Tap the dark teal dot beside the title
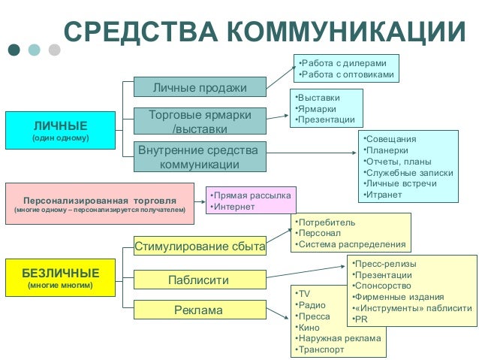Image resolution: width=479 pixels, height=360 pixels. point(14,50)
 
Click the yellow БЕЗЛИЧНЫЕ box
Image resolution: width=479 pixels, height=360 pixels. point(59,277)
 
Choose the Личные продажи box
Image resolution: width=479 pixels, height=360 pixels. point(200,88)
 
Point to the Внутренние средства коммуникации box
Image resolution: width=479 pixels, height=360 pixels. point(200,157)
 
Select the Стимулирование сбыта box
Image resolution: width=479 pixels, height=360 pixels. point(200,246)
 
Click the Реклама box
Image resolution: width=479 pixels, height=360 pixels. point(200,310)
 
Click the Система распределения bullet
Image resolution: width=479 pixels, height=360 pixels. point(351,244)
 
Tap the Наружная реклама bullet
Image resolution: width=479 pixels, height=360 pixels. point(339,338)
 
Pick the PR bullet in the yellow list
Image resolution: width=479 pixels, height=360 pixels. point(363,319)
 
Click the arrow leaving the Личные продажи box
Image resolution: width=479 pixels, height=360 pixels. point(281,77)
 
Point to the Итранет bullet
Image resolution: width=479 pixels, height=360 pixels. point(383,195)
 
